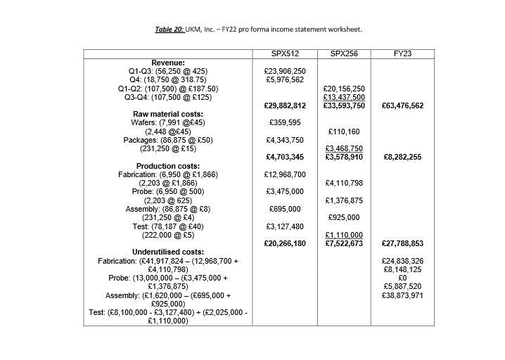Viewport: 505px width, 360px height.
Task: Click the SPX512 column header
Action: click(286, 54)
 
